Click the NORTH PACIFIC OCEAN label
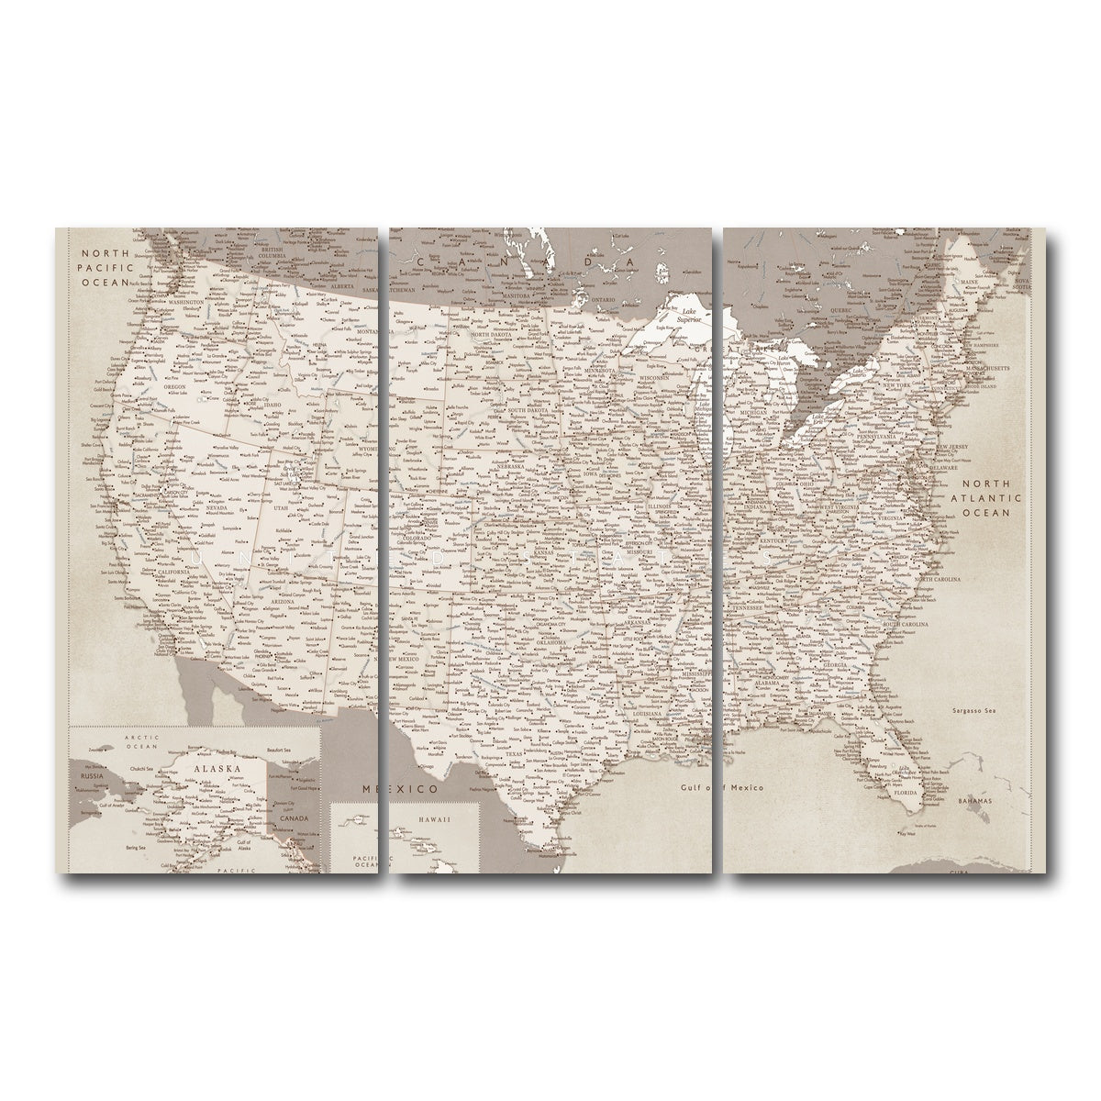click(106, 268)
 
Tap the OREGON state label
click(174, 386)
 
